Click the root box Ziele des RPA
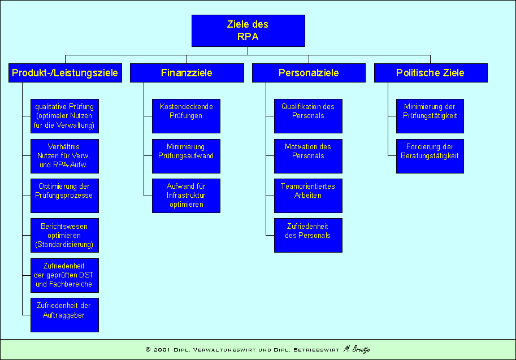point(248,31)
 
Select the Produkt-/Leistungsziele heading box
point(65,73)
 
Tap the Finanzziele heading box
point(187,73)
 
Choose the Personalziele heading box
point(309,73)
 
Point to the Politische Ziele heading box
point(430,73)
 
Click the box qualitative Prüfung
point(64,116)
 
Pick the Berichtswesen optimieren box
point(64,236)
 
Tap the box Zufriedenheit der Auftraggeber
point(64,315)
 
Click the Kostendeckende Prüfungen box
point(186,116)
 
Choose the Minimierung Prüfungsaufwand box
point(186,156)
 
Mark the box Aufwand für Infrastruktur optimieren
point(186,196)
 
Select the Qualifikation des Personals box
point(308,116)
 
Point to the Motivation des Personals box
point(308,156)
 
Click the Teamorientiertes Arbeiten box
point(308,196)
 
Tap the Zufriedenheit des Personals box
point(308,235)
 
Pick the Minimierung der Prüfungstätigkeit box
point(430,116)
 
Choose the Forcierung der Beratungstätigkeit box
point(430,156)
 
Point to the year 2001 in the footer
point(163,350)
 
